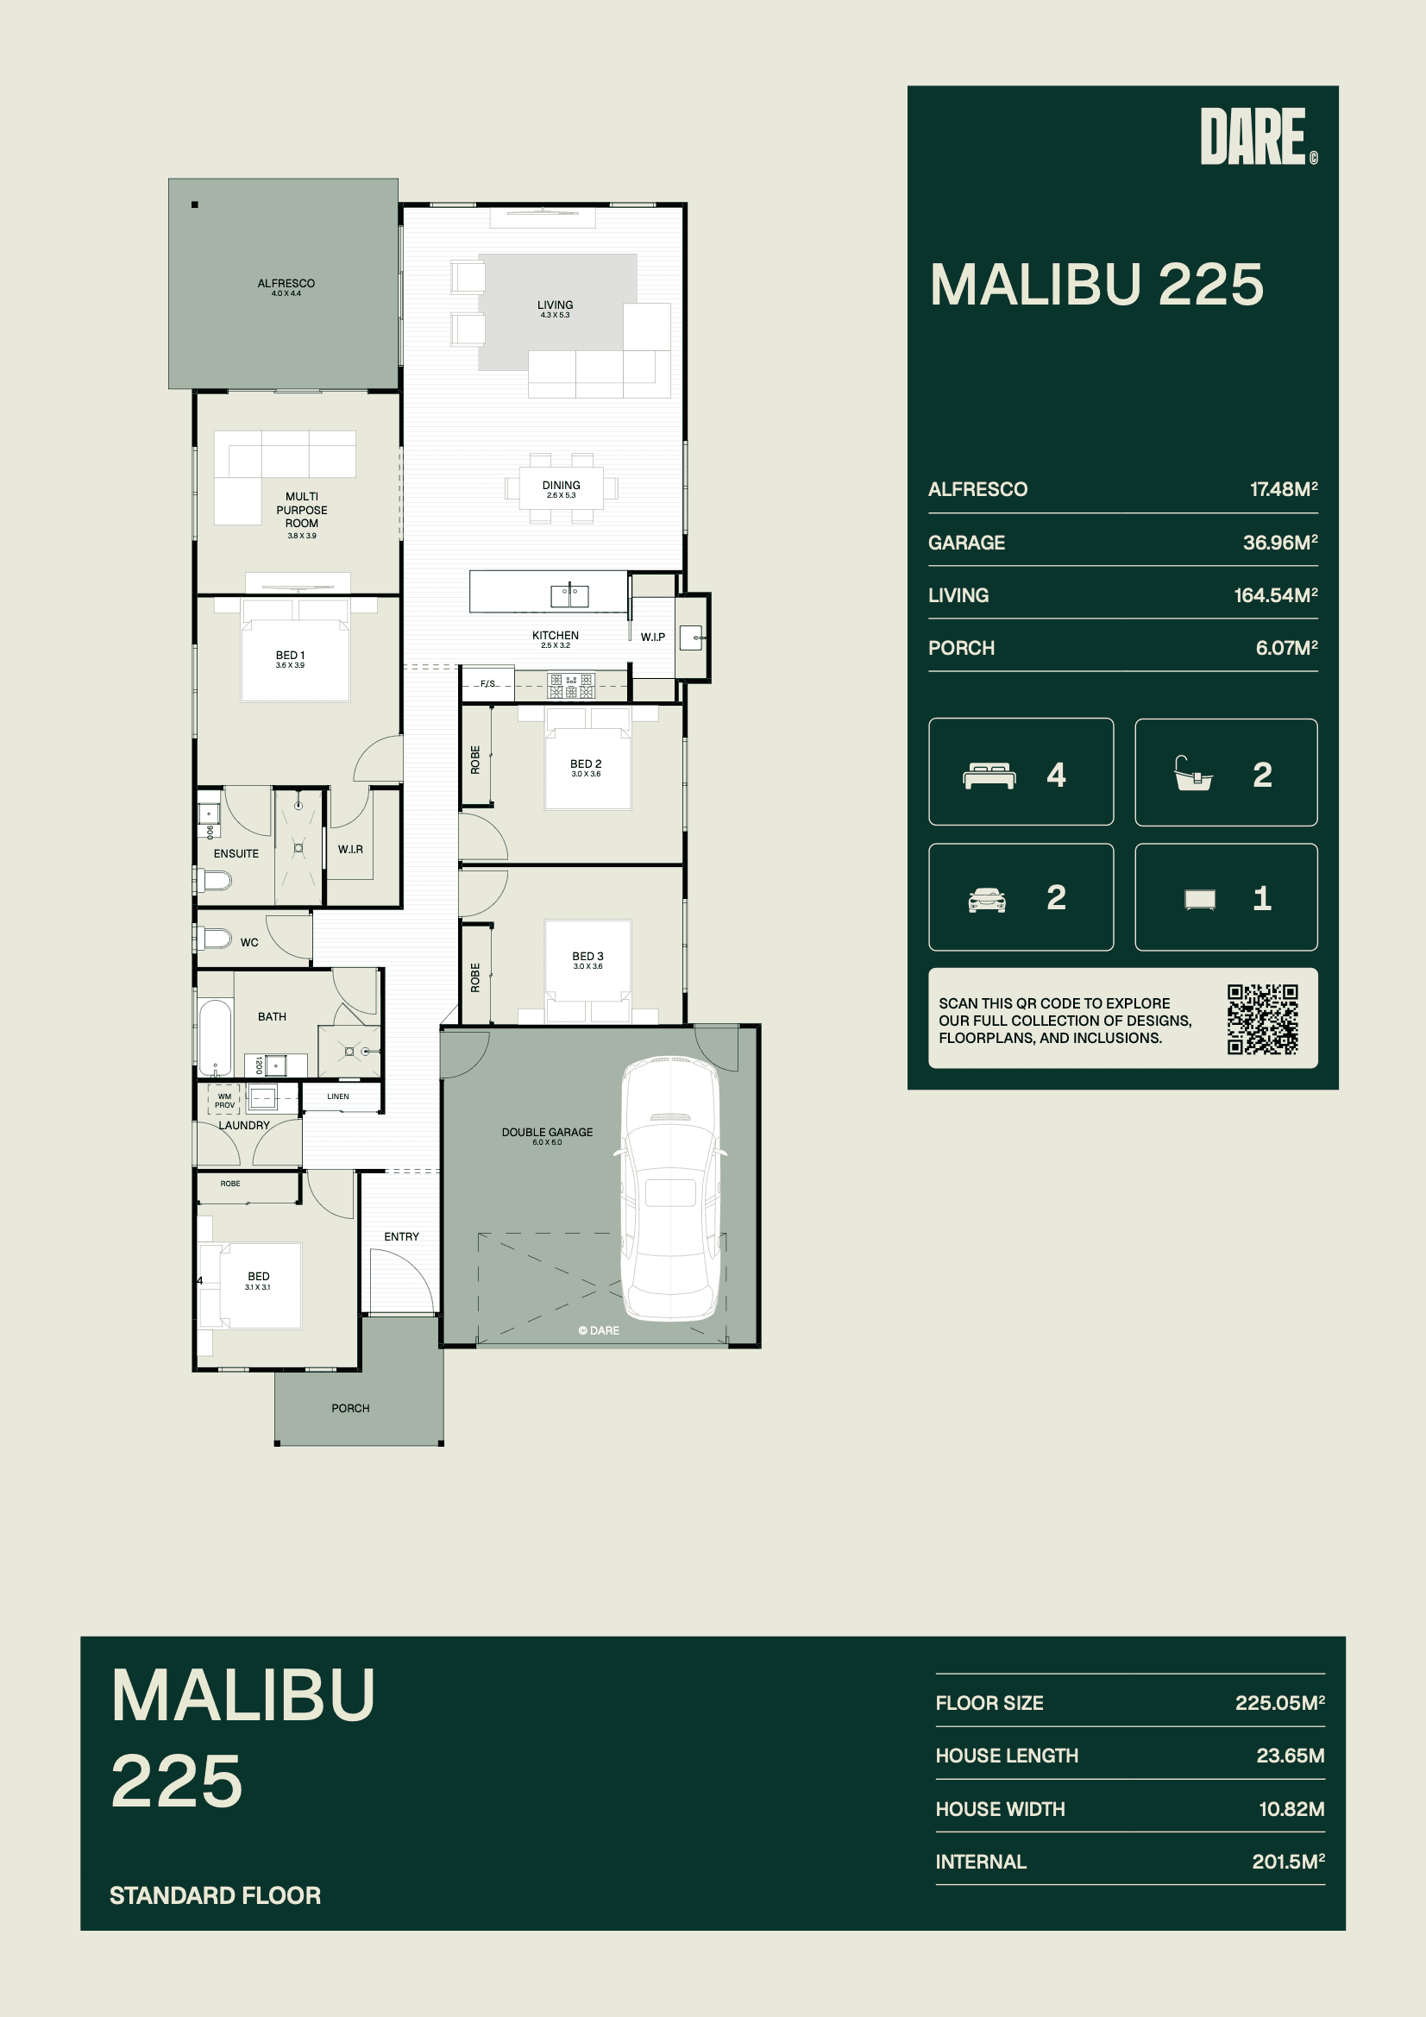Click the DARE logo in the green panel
(x=1258, y=136)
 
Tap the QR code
(x=1263, y=1019)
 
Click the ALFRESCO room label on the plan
(x=286, y=283)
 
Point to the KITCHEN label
(x=556, y=635)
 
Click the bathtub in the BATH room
(x=216, y=1038)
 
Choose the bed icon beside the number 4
(x=989, y=776)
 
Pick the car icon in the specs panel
(x=987, y=900)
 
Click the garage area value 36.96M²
(x=1280, y=542)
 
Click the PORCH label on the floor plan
(x=350, y=1408)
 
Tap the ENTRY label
(x=401, y=1237)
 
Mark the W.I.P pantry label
(x=653, y=637)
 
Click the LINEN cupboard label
(x=338, y=1096)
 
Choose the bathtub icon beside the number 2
(x=1193, y=774)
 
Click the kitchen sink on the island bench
(x=569, y=595)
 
